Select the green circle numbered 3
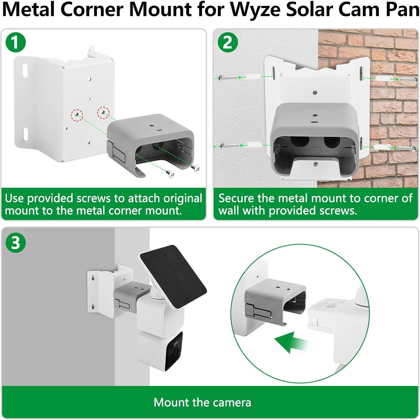15,243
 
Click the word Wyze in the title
255,10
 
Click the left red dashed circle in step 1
76,114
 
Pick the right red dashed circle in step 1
103,112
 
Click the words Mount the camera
202,403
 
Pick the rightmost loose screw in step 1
196,169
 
